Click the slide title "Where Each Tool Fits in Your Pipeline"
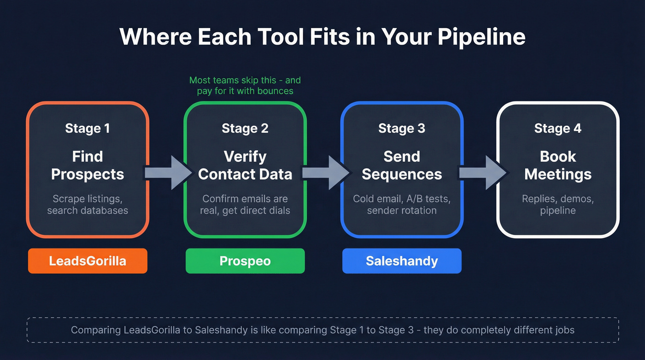point(322,37)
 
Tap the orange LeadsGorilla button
point(88,261)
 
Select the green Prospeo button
point(245,261)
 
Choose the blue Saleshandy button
point(402,261)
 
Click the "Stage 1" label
point(88,128)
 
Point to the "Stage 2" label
point(245,128)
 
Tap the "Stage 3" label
point(402,128)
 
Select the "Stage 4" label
point(558,128)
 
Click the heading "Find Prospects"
point(88,165)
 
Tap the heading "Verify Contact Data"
point(245,165)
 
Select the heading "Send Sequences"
point(402,165)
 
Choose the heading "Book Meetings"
point(558,165)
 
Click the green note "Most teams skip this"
point(245,85)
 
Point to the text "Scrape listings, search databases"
point(88,205)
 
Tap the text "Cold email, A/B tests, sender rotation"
point(402,205)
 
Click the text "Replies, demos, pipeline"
point(558,205)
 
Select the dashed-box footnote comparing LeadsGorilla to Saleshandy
point(322,330)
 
